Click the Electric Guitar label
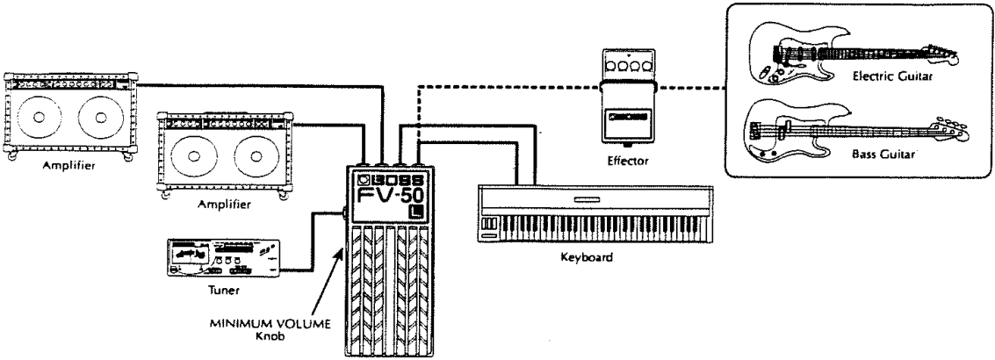892,76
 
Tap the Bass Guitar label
883,154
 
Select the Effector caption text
628,161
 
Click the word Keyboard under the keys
587,258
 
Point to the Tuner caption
223,292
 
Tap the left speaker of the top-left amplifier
40,118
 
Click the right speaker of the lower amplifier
256,157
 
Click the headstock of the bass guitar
952,127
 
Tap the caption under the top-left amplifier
69,166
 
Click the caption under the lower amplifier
224,205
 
